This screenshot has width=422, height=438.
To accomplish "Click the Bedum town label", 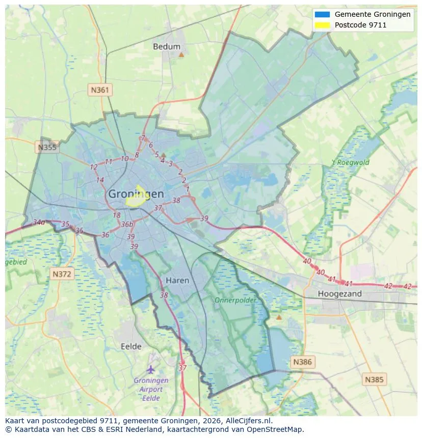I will pos(167,46).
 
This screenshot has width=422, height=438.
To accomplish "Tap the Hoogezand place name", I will pos(339,294).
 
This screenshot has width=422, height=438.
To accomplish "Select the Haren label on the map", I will pos(177,280).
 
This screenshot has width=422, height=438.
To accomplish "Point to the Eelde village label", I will pos(131,346).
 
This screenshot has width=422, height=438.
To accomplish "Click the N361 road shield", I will pos(100,90).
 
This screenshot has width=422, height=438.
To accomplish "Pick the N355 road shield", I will pos(47,148).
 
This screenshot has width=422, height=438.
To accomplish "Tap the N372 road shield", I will pos(63,274).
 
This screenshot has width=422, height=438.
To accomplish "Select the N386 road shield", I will pos(302,362).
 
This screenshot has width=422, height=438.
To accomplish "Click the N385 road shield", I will pos(375,379).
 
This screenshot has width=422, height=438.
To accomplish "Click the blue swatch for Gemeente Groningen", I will pos(323,14).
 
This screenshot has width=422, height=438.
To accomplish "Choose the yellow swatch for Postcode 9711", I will pos(323,24).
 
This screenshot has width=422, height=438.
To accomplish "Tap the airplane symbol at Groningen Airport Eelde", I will pos(150,369).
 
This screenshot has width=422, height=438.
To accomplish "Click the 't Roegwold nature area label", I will pos(350,163).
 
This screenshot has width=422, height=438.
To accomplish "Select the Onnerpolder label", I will pos(235,300).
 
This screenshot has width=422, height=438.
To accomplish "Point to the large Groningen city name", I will pos(136,194).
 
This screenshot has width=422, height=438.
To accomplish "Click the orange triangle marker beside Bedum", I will pos(181,54).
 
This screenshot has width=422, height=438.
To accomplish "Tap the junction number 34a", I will pos(39,222).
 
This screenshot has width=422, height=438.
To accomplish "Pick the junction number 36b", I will pos(127,224).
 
